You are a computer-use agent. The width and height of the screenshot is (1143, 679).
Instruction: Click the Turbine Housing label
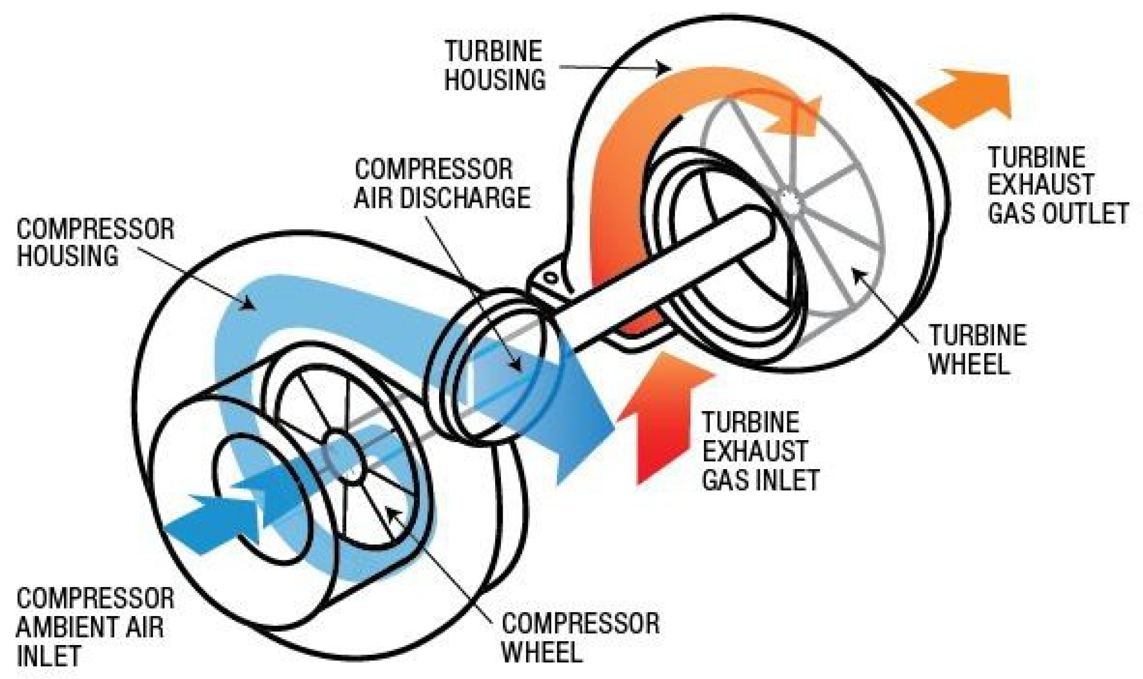pos(494,66)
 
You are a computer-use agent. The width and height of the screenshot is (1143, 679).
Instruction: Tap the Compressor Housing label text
pos(95,243)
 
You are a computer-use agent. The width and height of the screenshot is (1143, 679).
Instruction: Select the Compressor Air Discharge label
pos(442,183)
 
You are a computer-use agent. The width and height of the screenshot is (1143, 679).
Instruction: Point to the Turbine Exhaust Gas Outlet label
pos(1057,186)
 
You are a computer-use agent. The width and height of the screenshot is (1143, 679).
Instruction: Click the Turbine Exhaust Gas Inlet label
pos(760,451)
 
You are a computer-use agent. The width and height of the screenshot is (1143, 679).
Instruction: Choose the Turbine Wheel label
pos(977,350)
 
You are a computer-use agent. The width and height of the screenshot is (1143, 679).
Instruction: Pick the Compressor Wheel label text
pos(580,638)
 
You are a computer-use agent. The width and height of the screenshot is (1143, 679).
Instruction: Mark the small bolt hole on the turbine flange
pos(550,279)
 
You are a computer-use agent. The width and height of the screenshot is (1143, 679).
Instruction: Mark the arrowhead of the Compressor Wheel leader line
pos(391,509)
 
